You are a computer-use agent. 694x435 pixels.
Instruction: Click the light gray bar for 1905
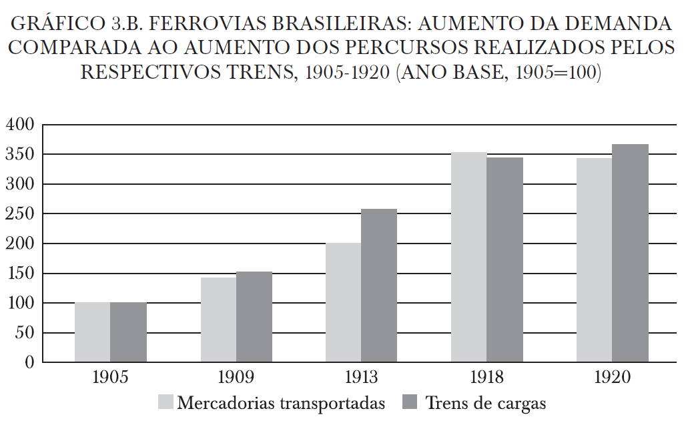[x=92, y=332]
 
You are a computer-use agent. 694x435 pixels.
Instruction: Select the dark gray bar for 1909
[x=254, y=317]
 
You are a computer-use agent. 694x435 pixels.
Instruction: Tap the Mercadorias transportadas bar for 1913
[x=343, y=302]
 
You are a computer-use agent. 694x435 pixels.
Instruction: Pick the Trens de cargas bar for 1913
[x=379, y=286]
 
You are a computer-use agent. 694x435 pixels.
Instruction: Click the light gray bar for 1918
[x=468, y=258]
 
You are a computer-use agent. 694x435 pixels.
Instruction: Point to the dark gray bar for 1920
[x=630, y=254]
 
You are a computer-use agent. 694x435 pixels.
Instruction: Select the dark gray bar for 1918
[x=505, y=260]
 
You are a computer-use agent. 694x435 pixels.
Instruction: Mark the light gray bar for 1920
[x=594, y=260]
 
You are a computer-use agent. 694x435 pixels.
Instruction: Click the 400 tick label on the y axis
[x=19, y=125]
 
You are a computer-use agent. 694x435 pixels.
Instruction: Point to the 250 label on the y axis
[x=19, y=214]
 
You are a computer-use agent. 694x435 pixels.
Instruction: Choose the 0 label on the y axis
[x=29, y=364]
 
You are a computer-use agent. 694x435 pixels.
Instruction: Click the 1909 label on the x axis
[x=236, y=378]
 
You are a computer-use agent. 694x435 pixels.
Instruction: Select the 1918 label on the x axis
[x=487, y=378]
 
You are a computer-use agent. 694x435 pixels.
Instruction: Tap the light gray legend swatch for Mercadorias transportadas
[x=165, y=402]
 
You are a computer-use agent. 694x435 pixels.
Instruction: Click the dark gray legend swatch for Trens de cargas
[x=412, y=402]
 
